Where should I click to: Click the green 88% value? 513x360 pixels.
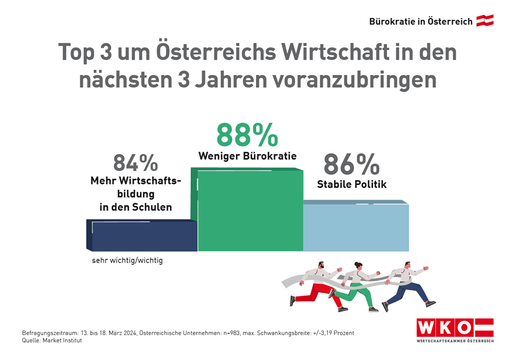tap(247, 135)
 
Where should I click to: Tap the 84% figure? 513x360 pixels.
tap(135, 163)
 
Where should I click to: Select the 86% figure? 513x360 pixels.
tap(351, 164)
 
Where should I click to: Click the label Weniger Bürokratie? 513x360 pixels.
tap(247, 156)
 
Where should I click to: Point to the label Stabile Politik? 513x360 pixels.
tap(351, 184)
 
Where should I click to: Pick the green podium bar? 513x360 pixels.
tap(250, 210)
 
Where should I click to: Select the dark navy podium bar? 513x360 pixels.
tap(144, 236)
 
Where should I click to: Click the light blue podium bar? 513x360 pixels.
tap(355, 227)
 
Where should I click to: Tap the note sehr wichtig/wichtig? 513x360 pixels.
tap(127, 261)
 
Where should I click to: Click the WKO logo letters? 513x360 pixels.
tap(444, 328)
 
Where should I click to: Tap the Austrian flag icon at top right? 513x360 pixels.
tap(485, 21)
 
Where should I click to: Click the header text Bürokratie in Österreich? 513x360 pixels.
tap(421, 22)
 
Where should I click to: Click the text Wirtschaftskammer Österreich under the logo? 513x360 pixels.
tap(455, 341)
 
